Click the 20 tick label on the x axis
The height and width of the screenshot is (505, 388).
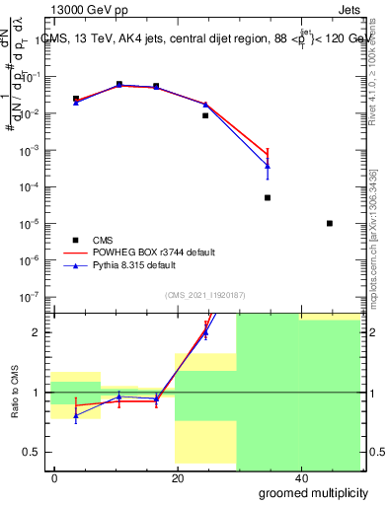(x=177, y=477)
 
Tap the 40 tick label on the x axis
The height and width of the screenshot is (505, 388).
(x=299, y=477)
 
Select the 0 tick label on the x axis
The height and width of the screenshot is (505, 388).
(x=55, y=477)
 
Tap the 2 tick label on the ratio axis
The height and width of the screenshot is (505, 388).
(x=41, y=332)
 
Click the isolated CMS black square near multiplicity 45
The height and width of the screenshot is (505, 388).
(x=330, y=223)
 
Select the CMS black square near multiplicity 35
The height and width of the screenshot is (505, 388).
(x=268, y=197)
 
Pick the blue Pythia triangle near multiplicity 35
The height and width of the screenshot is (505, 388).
(x=268, y=166)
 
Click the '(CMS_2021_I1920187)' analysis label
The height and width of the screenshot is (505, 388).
(x=205, y=295)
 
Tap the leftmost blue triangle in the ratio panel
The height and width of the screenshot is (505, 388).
(x=76, y=415)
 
